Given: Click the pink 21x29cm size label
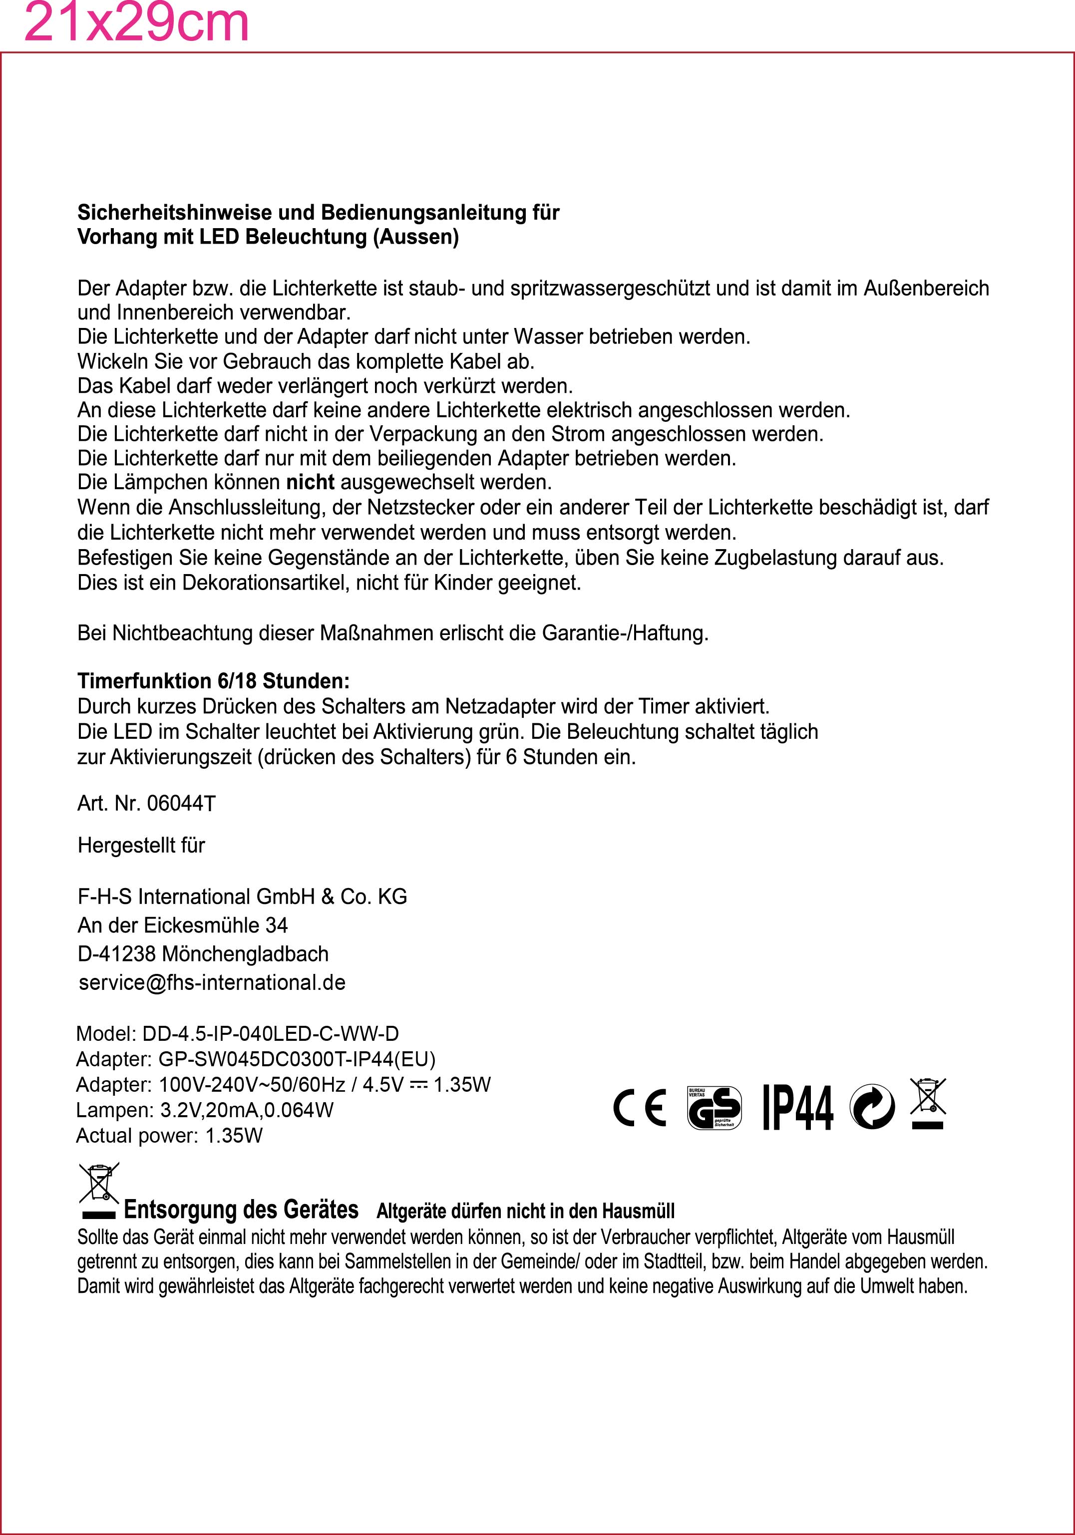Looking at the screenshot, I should click(x=136, y=23).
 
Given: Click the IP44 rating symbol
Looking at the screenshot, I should click(x=798, y=1107).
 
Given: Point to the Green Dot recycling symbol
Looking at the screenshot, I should click(x=872, y=1107).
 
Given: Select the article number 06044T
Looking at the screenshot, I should click(x=181, y=803).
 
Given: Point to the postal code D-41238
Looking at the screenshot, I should click(x=117, y=953).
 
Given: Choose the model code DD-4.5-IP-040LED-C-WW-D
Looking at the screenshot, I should click(x=270, y=1034).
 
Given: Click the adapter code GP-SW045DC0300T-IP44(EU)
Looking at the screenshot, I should click(x=297, y=1059).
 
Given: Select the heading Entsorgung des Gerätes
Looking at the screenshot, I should click(x=241, y=1210).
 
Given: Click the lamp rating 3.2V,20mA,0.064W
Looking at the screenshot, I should click(x=247, y=1110).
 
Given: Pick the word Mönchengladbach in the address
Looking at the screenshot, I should click(x=245, y=953).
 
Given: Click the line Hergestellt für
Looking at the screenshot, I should click(x=141, y=845).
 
